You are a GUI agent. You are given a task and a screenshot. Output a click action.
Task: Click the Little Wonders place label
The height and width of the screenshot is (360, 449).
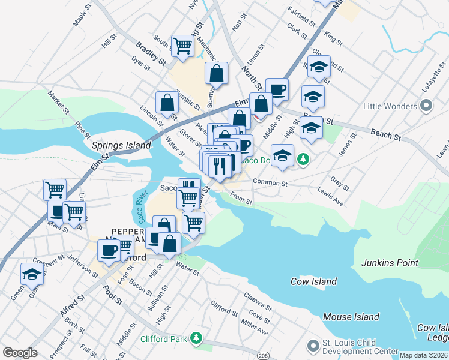coord(390,106)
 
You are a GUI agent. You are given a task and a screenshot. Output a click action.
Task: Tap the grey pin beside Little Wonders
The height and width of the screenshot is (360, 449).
coord(427,106)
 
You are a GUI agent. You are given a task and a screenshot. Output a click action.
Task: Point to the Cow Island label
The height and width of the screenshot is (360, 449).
coord(313,281)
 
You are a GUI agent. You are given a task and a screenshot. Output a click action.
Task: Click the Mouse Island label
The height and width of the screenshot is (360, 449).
coord(351,317)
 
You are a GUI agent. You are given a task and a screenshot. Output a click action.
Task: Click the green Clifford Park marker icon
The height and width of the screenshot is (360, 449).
coord(196,339)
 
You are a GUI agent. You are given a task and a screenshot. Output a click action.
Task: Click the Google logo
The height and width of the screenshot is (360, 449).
coord(20,353)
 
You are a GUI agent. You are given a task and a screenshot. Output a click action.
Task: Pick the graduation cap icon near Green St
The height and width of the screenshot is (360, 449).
coord(32,275)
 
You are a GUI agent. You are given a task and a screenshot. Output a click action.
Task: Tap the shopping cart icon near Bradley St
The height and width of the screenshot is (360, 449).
coord(182,45)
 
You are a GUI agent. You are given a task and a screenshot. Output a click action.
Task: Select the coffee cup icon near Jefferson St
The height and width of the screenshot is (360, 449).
coord(109,251)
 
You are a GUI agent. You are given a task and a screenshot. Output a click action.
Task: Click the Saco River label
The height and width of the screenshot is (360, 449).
coord(142,206)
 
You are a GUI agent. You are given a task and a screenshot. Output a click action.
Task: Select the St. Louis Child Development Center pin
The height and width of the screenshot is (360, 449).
coord(312,346)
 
